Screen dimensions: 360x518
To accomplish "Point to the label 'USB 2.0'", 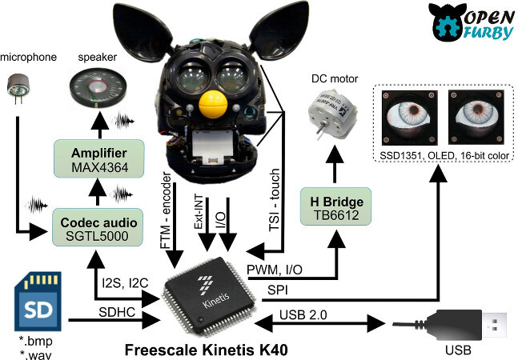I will coord(305,314).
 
